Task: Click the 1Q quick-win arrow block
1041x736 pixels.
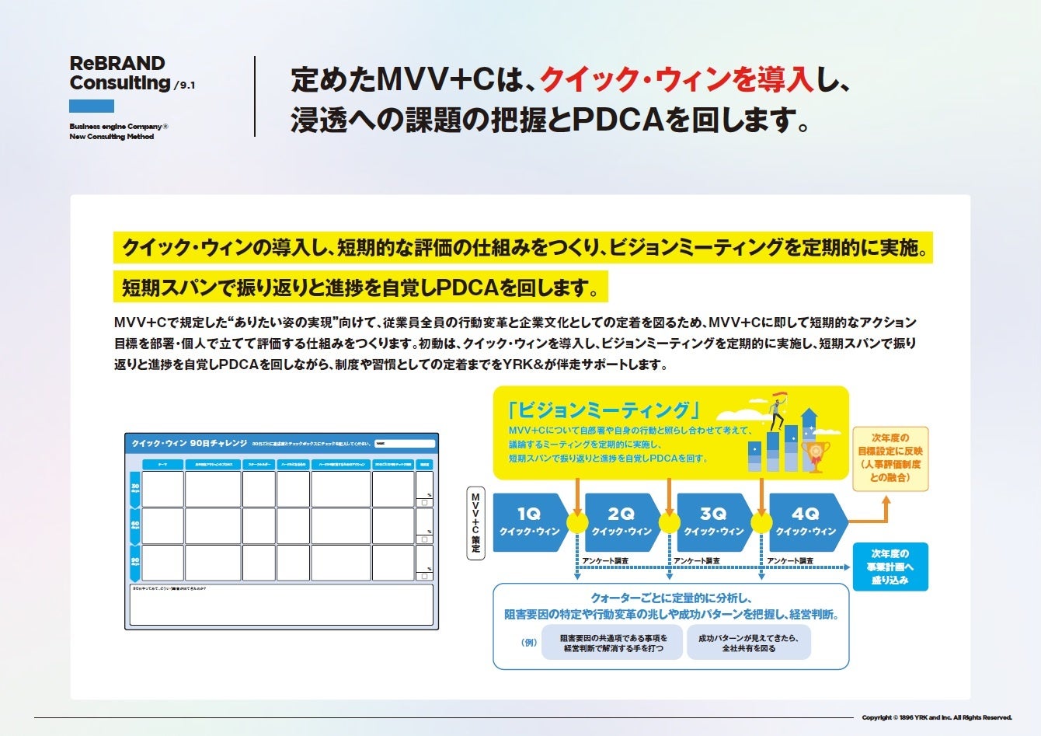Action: [x=529, y=522]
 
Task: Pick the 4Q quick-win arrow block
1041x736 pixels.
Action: [x=806, y=522]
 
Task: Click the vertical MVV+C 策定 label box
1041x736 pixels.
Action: [x=475, y=522]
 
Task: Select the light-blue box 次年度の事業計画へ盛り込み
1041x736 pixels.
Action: [x=890, y=567]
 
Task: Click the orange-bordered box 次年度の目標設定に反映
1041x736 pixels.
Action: [x=890, y=458]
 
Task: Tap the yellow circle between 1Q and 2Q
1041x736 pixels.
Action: [x=577, y=522]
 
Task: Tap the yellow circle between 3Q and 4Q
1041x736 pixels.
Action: [x=761, y=522]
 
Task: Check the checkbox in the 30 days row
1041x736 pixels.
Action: [x=424, y=503]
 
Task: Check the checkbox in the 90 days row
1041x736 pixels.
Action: [x=424, y=577]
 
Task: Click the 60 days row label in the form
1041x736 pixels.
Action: [x=135, y=525]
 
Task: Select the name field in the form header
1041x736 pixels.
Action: [x=404, y=444]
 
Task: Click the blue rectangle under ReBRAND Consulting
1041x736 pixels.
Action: [x=92, y=106]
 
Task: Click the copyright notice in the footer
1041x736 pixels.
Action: [x=937, y=717]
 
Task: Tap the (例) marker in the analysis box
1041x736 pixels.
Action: [x=528, y=643]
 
